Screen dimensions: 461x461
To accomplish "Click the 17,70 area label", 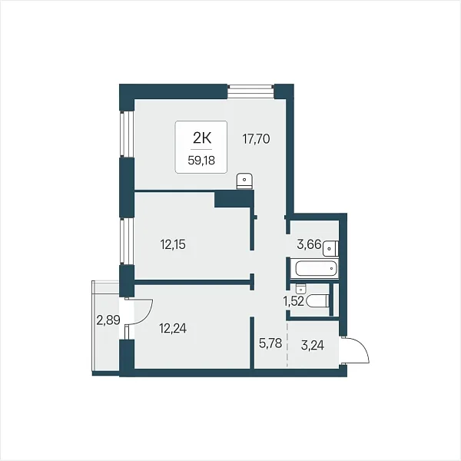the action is (256, 139).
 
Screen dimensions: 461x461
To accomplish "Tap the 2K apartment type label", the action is (201, 138).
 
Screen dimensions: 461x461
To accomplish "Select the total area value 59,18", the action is (201, 161).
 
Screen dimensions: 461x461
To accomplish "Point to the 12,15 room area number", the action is (173, 244).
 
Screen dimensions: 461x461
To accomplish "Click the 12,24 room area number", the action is (173, 328).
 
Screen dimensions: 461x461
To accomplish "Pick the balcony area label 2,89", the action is (108, 320).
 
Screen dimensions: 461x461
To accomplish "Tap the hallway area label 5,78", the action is (270, 343).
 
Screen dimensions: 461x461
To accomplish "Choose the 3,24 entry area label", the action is (313, 346).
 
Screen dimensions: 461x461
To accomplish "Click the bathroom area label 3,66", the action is (309, 244).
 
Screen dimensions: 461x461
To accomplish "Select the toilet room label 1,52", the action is (294, 301).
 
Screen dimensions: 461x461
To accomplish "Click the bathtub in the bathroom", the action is (315, 268).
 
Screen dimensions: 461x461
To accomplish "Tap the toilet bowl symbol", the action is (317, 301).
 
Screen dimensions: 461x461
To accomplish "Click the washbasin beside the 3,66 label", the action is (330, 249).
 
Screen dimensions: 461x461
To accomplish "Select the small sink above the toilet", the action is (300, 289).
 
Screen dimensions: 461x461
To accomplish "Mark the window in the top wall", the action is (250, 91).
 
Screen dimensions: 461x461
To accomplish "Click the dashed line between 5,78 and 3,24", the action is (287, 344).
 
